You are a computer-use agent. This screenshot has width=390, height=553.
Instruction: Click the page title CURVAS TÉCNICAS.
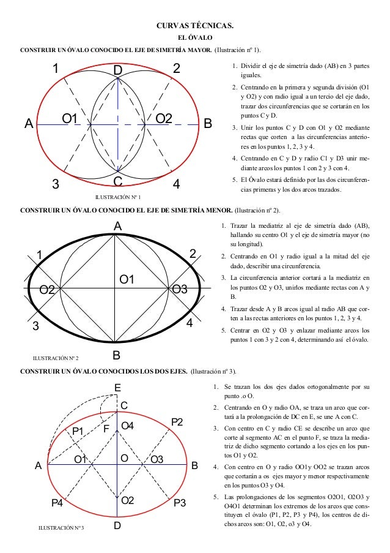[195, 26]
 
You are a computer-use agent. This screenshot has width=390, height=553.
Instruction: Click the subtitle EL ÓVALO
[195, 38]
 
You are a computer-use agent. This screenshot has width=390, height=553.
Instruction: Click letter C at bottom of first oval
[118, 181]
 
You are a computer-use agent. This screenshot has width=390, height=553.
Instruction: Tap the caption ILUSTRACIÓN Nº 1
[118, 197]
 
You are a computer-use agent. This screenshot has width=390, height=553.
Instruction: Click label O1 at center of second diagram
[127, 280]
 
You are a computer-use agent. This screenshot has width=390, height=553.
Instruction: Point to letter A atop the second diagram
[117, 226]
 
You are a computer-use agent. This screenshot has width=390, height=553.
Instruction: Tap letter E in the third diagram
[118, 388]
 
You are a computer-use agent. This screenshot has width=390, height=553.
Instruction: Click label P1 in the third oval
[78, 431]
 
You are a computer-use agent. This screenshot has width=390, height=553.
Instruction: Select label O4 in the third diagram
[128, 425]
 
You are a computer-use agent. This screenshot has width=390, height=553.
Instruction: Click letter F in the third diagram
[106, 429]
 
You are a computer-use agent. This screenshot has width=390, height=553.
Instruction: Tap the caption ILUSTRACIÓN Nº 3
[61, 527]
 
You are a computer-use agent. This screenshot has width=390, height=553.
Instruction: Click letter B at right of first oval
[207, 124]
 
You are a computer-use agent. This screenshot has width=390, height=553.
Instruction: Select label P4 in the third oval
[57, 503]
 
